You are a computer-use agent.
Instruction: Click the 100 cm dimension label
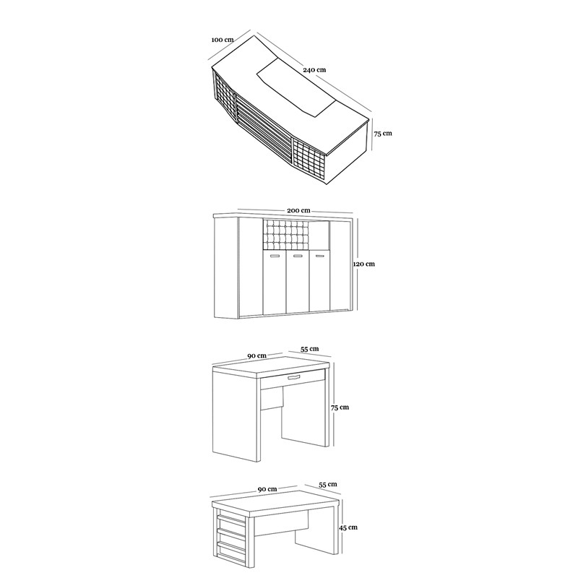coord(223,40)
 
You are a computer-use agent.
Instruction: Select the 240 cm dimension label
coord(314,69)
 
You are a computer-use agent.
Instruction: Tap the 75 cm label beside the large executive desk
coord(383,134)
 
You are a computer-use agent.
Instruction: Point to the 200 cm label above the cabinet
coord(298,210)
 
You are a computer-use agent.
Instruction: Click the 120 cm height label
coord(364,264)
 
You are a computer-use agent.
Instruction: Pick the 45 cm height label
coord(348,527)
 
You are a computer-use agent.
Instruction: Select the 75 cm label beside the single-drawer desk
coord(340,407)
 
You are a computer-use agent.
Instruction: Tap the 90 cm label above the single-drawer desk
coord(256,355)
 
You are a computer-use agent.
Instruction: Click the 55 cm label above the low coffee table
coord(328,484)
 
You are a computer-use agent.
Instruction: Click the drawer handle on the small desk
coord(294,377)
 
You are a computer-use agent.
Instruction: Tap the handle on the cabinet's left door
coord(275,256)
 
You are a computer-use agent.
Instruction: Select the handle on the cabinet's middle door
coord(298,256)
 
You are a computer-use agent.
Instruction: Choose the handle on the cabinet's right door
coord(320,256)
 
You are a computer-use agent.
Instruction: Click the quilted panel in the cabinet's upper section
coord(285,236)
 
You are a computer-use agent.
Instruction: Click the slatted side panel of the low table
coord(232,535)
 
